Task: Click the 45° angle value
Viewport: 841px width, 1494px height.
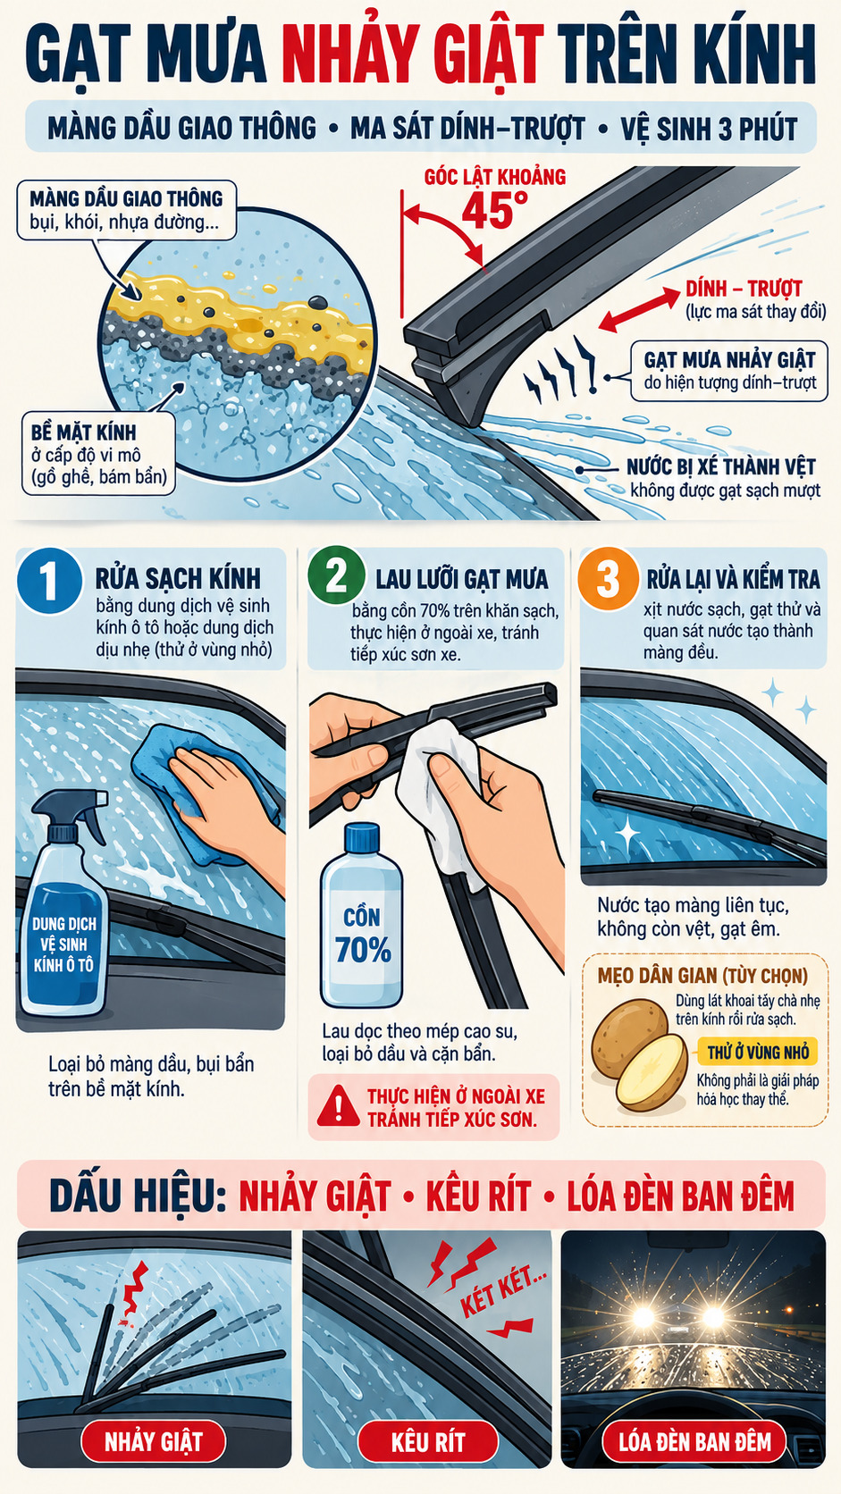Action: [494, 209]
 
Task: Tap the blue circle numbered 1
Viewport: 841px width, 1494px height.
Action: [49, 580]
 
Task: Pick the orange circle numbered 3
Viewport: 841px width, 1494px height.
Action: [607, 578]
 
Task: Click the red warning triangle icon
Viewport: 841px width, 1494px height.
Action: [338, 1106]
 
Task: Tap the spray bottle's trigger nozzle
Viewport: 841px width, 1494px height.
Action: [72, 808]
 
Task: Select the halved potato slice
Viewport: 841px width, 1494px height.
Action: [651, 1072]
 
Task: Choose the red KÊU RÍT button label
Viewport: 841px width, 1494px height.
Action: [427, 1442]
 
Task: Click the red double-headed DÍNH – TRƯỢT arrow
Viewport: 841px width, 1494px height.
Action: [639, 307]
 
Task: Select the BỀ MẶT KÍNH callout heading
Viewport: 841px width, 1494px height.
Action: [83, 432]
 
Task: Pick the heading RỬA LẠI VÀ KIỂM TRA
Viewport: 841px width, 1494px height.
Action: [733, 580]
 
